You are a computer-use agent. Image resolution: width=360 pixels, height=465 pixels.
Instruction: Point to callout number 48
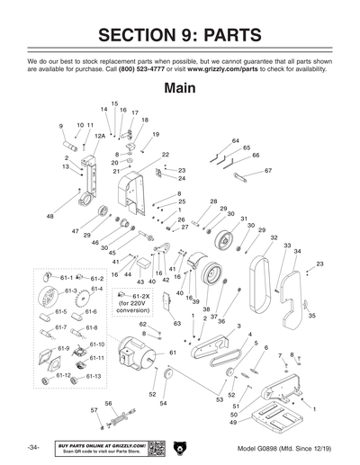(x=49, y=216)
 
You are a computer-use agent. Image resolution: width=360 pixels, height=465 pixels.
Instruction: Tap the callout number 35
(x=312, y=316)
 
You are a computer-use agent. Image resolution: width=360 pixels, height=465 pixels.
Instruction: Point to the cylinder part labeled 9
(x=68, y=144)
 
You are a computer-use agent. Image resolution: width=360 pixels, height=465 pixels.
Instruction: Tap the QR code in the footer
(x=156, y=447)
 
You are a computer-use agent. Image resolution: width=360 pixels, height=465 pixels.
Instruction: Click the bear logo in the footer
(x=180, y=447)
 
